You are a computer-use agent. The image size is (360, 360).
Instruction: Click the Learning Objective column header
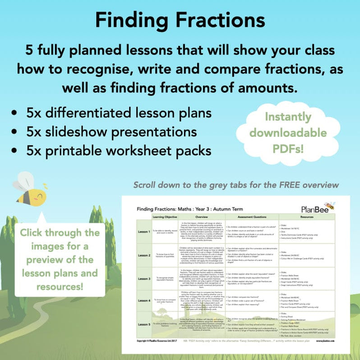tap(166, 217)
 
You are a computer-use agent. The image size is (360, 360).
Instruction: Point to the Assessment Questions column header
tap(252, 217)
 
